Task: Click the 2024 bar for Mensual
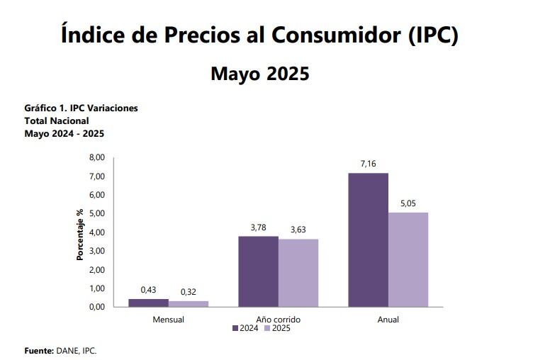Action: tap(148, 303)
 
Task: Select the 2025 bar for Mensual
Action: tap(189, 304)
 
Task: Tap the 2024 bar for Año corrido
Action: tap(258, 271)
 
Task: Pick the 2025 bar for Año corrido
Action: tap(298, 273)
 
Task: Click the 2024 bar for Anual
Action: tap(369, 240)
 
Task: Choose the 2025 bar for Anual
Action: tap(408, 259)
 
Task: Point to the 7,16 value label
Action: tap(369, 164)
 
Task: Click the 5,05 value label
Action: tap(409, 204)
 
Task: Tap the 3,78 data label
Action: tap(258, 227)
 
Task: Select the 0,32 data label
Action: tap(189, 292)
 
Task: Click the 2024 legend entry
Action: tap(245, 328)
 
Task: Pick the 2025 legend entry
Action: tap(277, 328)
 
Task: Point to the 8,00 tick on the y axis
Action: tap(96, 157)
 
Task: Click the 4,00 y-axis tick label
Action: tap(96, 232)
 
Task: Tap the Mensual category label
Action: tap(169, 320)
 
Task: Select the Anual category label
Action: tap(388, 320)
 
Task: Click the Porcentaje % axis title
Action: tap(80, 234)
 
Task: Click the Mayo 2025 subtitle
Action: tap(260, 73)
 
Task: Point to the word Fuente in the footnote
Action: tap(39, 350)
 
